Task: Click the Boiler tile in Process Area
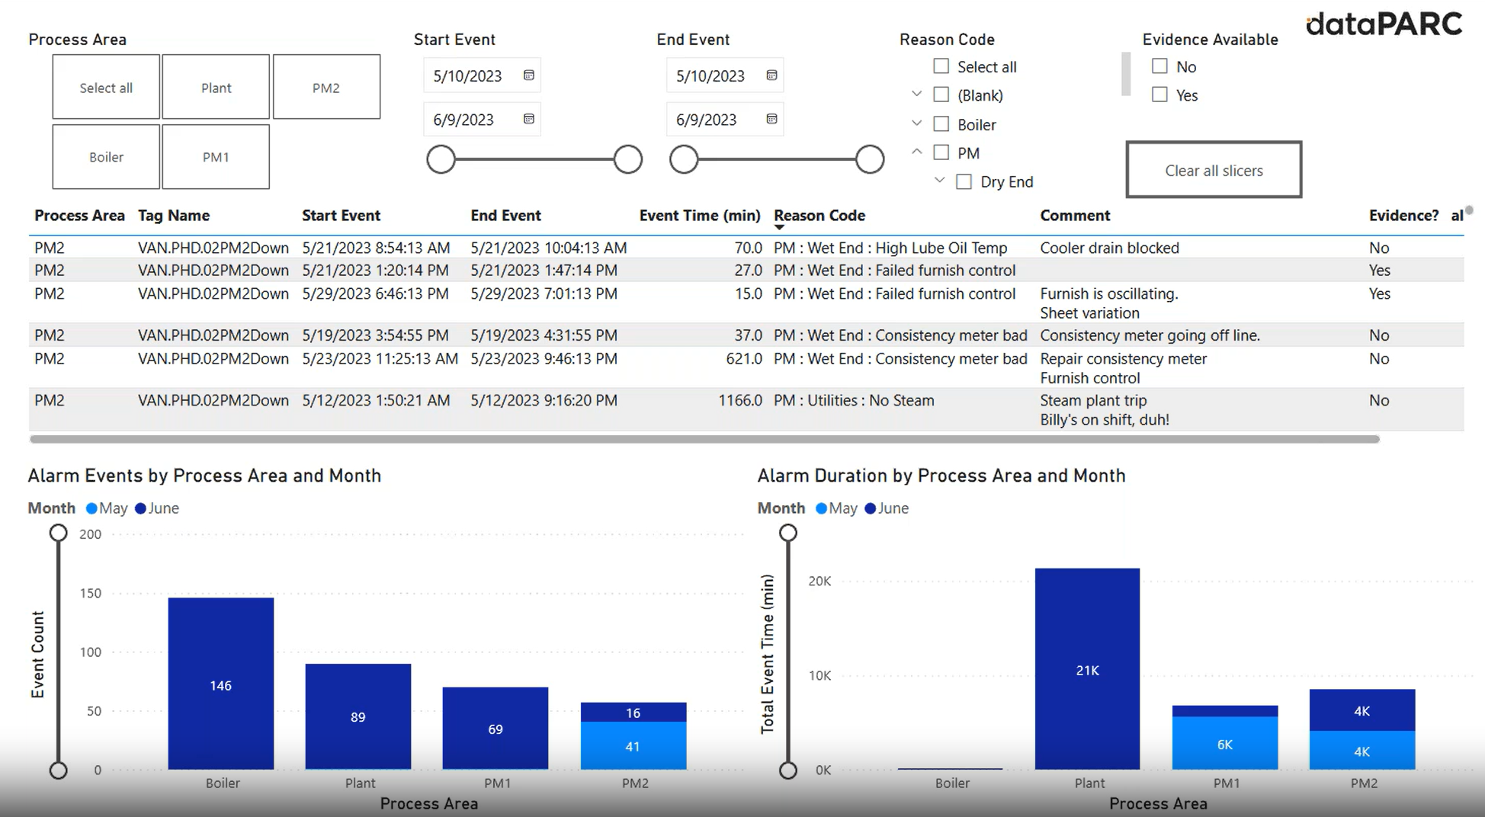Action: [x=106, y=157]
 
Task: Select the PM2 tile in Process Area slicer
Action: [x=326, y=88]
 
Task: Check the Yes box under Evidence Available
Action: [x=1159, y=95]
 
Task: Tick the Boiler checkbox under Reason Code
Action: [x=941, y=124]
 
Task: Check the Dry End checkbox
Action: [x=964, y=182]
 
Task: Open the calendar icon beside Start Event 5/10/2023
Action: [x=528, y=75]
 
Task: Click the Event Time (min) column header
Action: [x=699, y=216]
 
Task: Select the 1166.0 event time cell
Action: [x=739, y=401]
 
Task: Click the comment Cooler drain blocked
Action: [x=1109, y=248]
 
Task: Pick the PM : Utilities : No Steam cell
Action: [x=853, y=401]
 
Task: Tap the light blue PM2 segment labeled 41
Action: [x=633, y=746]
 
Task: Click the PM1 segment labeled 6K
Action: [x=1224, y=744]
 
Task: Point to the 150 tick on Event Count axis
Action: [x=91, y=593]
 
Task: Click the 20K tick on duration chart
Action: [x=819, y=582]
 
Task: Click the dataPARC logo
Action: [x=1384, y=24]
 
